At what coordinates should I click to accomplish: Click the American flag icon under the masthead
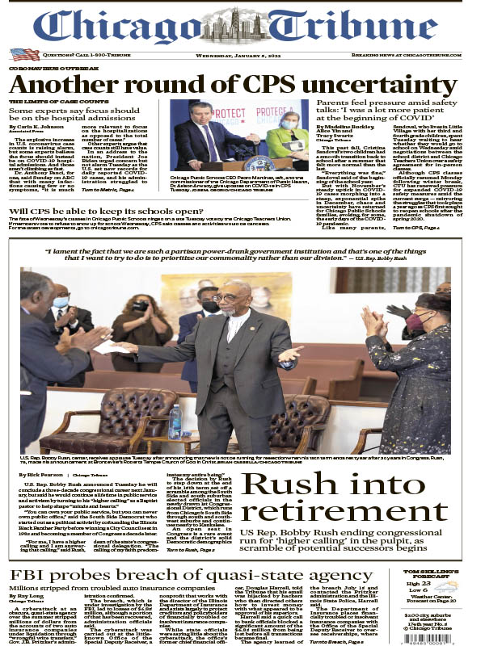coord(24,54)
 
